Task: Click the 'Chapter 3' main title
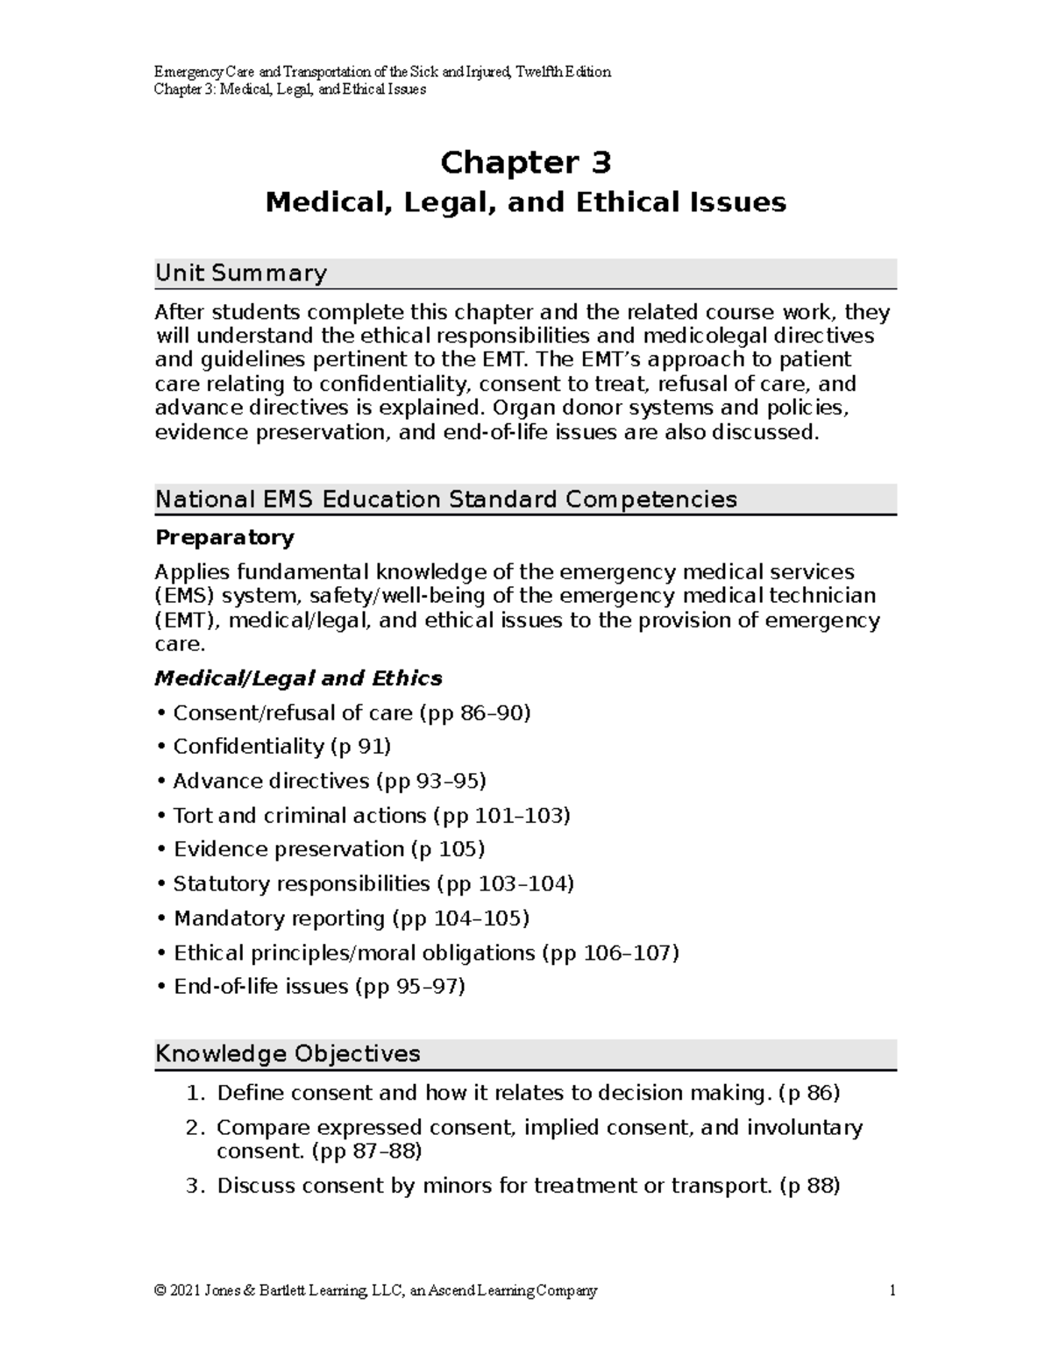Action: (x=525, y=163)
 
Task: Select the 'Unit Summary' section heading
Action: (x=240, y=273)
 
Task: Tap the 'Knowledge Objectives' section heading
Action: (x=288, y=1053)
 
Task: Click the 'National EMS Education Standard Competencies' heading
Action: (x=445, y=500)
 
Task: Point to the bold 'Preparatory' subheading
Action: (x=224, y=537)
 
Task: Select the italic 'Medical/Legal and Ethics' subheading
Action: (x=298, y=678)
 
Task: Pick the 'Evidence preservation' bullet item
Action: (x=288, y=849)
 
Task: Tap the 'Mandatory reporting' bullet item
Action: (x=279, y=918)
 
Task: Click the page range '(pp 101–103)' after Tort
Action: (x=501, y=816)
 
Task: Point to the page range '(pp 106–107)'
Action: (x=610, y=953)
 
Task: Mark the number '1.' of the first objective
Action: (x=195, y=1093)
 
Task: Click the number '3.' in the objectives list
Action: (x=195, y=1186)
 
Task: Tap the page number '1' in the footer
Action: (x=892, y=1290)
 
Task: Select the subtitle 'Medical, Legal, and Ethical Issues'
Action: (x=525, y=202)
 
